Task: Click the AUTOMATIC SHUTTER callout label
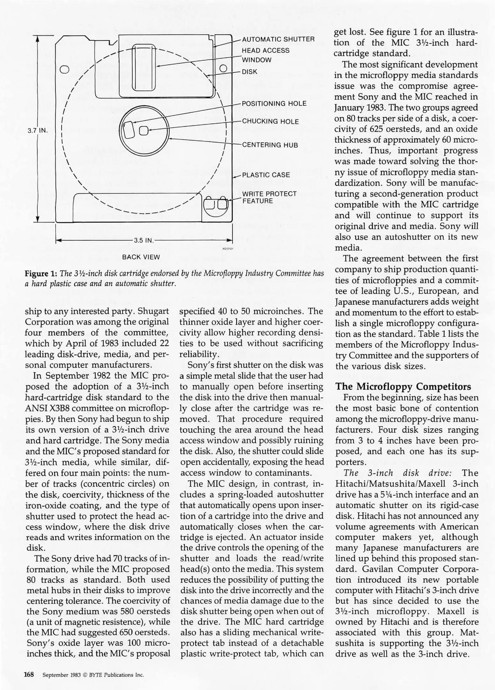tap(278, 39)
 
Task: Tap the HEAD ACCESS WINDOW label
tap(265, 55)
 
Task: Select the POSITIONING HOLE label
tap(274, 103)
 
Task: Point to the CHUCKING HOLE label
tap(270, 121)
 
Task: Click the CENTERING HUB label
tap(270, 145)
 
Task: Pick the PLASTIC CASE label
tap(266, 175)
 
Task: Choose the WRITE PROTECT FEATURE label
tap(269, 197)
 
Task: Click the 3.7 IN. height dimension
tap(37, 130)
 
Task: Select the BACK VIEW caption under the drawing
tap(141, 257)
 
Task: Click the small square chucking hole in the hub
tap(144, 130)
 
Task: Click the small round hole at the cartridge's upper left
tap(64, 69)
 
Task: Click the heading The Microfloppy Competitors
tap(403, 387)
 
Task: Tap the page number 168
tap(29, 675)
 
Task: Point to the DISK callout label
tap(249, 72)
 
